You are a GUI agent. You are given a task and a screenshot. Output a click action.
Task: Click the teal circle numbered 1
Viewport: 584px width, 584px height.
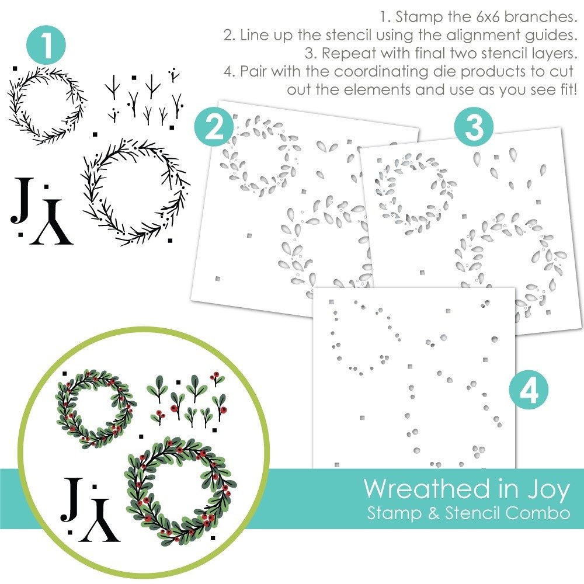pos(46,46)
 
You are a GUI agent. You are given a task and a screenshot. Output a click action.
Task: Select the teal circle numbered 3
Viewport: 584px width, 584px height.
pos(474,127)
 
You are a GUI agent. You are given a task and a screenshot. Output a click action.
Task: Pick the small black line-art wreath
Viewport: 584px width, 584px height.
pos(47,105)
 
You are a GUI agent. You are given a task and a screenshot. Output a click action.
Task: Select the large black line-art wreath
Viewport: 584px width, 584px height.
pos(135,192)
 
